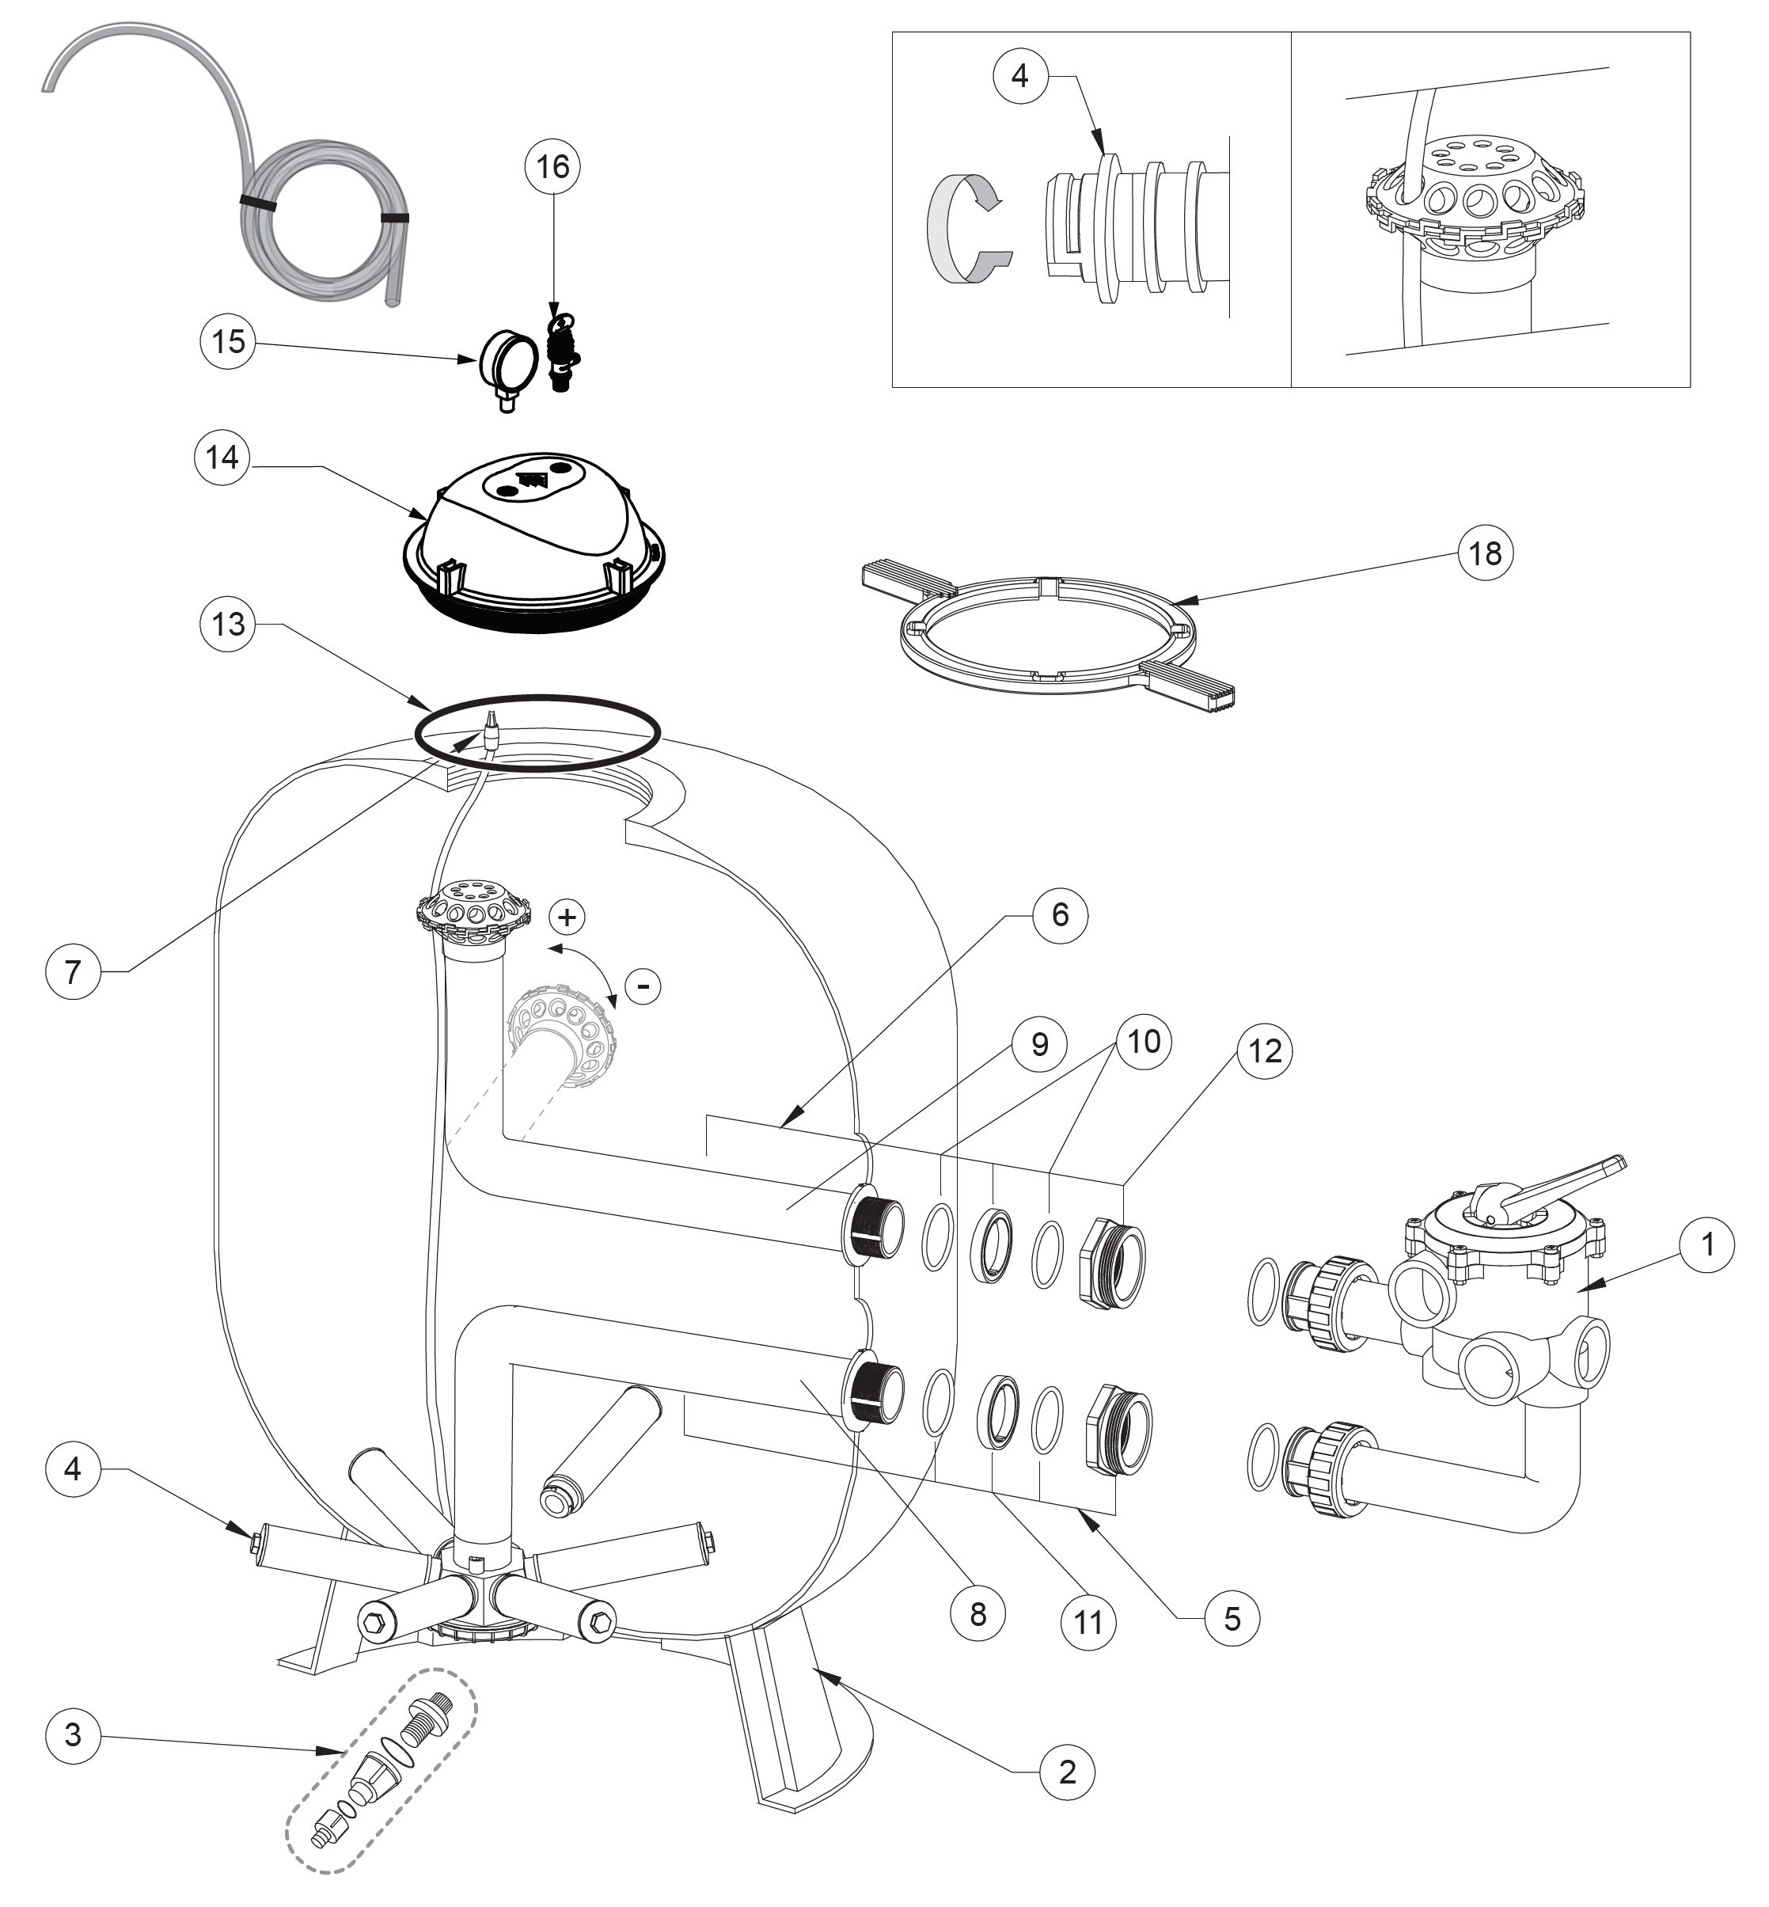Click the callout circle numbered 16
553,168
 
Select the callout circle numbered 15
228,342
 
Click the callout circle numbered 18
1485,553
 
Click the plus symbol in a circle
568,917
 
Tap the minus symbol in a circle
643,985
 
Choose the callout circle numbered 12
1265,1051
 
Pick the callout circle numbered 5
1232,1619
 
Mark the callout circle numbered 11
1088,1623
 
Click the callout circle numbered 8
978,1614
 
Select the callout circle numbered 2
1067,1772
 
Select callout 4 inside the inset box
1020,74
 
